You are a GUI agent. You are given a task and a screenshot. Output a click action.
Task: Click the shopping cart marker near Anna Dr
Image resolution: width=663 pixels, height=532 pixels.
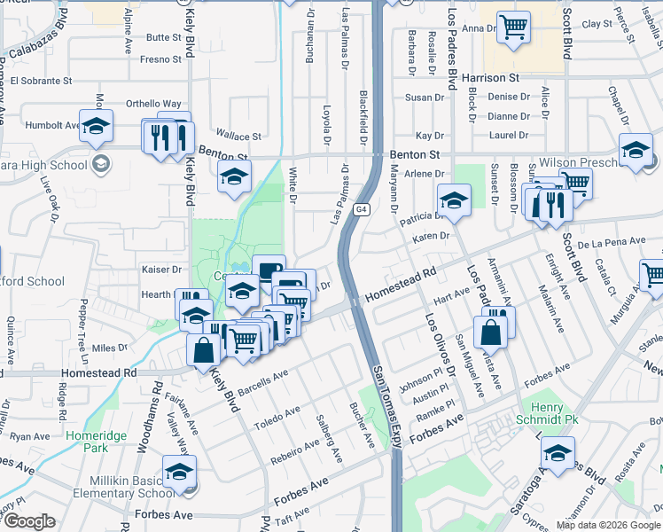pos(513,27)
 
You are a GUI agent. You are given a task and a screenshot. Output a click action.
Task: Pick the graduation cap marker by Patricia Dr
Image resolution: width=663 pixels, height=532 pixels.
pos(453,199)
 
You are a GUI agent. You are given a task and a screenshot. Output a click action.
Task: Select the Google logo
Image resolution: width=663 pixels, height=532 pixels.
pos(29,521)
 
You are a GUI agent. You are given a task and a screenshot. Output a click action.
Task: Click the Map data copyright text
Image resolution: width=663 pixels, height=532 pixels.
pos(607,525)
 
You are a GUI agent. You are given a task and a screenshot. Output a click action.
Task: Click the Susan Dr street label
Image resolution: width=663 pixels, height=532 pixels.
pos(424,98)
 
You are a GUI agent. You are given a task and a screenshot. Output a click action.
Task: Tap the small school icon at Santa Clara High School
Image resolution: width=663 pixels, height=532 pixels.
pos(100,164)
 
